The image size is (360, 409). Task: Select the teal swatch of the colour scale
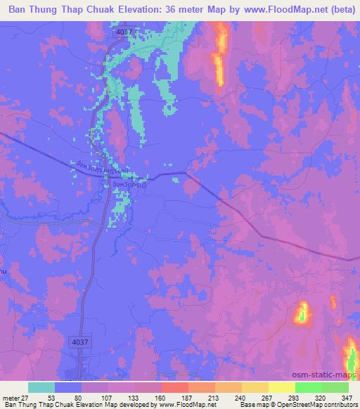coord(41,387)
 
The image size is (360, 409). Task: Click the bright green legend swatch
coord(309,387)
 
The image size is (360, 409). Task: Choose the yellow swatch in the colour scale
coord(282,387)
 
